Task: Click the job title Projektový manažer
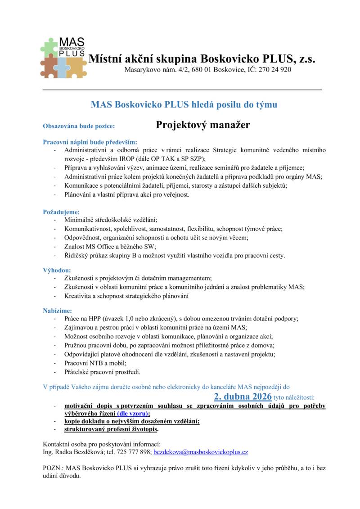[x=203, y=125]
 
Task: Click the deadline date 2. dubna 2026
[x=243, y=396]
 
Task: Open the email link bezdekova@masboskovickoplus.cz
[x=201, y=451]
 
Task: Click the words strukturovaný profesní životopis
[x=111, y=429]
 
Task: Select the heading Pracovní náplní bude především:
[x=90, y=142]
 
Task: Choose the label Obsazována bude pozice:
[x=79, y=126]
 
